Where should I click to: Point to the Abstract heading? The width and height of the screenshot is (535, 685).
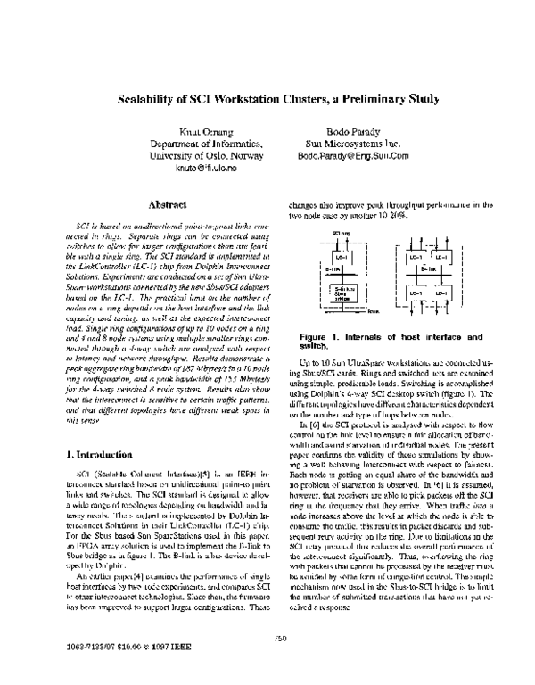pos(158,204)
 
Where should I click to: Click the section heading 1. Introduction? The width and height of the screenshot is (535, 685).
pos(100,456)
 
